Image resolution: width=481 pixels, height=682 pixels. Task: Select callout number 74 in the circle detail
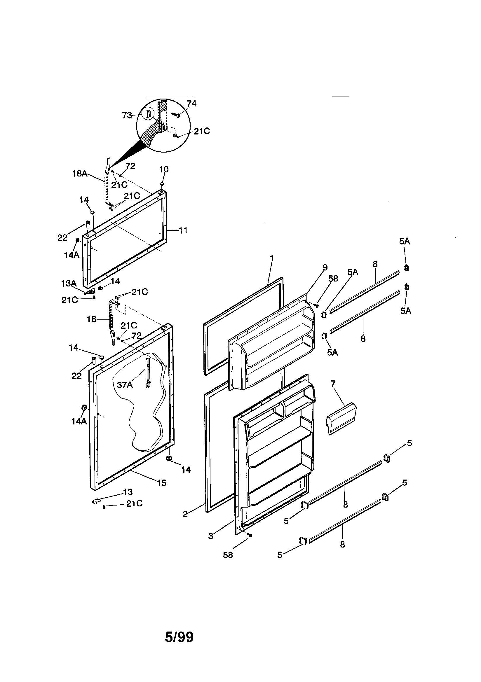(x=191, y=104)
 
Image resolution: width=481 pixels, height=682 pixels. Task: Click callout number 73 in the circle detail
(x=127, y=115)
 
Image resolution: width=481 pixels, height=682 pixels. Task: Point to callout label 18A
(x=80, y=174)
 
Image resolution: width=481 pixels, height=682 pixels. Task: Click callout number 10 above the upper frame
(x=164, y=169)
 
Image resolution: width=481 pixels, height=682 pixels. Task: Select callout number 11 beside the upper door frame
(x=183, y=230)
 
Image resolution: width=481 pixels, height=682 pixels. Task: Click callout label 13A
(x=69, y=284)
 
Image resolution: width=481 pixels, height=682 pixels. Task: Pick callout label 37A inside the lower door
(x=125, y=385)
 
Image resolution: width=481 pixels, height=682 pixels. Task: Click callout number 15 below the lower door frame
(x=162, y=483)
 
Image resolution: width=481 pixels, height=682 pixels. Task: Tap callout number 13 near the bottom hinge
(x=128, y=492)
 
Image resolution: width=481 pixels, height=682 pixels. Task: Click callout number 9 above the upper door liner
(x=325, y=267)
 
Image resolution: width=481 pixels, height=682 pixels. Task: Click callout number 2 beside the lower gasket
(x=185, y=515)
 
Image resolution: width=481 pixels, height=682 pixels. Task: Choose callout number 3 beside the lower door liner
(x=211, y=536)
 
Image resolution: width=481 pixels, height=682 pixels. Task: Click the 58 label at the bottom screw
(x=228, y=555)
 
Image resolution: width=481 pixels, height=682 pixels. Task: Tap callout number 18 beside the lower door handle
(x=92, y=319)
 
